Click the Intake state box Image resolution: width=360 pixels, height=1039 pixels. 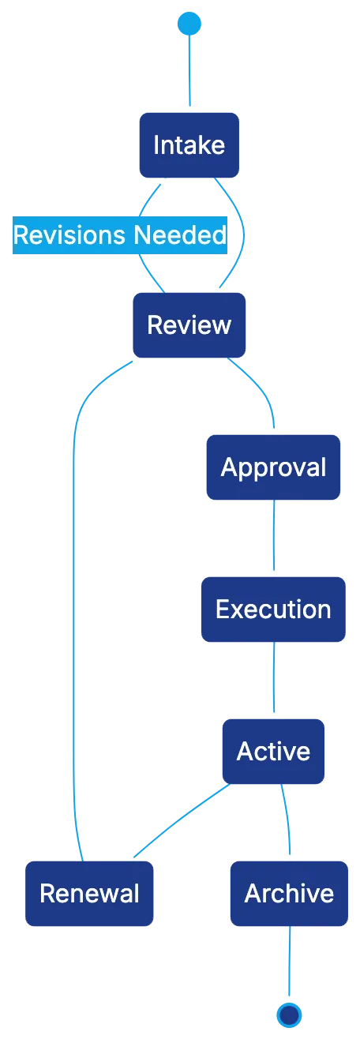click(189, 145)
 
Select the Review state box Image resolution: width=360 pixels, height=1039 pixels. click(189, 324)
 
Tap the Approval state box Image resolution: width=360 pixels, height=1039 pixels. click(272, 467)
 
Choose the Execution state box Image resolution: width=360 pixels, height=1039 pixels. click(272, 609)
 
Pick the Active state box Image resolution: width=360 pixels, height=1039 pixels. click(272, 751)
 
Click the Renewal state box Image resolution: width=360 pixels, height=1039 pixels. click(89, 893)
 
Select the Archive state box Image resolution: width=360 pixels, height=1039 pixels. click(288, 893)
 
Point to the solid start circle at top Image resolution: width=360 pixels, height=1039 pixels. click(189, 24)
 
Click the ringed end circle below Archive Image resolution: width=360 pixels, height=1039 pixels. click(290, 1014)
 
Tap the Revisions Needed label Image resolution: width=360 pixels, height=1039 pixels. click(120, 235)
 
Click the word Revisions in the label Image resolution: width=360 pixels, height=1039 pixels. click(69, 235)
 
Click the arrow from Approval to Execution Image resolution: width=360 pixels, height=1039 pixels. click(273, 537)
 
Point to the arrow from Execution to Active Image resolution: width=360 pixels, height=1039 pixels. click(273, 679)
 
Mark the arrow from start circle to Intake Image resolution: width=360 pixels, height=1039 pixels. click(189, 71)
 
